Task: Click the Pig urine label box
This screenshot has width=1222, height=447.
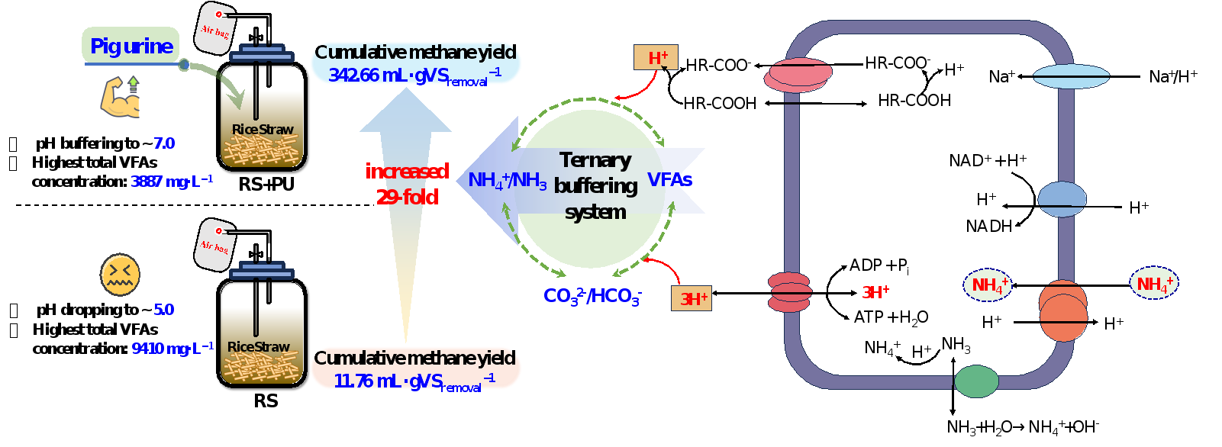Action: (131, 46)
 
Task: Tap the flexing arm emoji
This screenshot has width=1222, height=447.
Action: (121, 96)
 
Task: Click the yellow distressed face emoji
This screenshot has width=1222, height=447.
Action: (120, 275)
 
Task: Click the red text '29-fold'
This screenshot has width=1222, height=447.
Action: (407, 197)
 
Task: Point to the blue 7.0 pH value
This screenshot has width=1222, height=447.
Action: (164, 143)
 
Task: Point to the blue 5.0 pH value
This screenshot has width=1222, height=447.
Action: (164, 310)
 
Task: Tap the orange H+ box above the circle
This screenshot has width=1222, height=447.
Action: (656, 58)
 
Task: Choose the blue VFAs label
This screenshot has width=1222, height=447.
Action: (669, 180)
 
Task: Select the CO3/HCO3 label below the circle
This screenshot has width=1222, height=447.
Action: (592, 296)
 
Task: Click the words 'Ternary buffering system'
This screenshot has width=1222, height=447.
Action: (595, 185)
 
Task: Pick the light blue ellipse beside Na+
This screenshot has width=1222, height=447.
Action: (1071, 76)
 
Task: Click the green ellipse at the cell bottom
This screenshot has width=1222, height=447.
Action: (976, 381)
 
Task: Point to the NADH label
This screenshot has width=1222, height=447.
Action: (988, 227)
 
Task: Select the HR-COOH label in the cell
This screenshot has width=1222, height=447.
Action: (914, 101)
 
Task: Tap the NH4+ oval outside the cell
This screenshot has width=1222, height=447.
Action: (1153, 284)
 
